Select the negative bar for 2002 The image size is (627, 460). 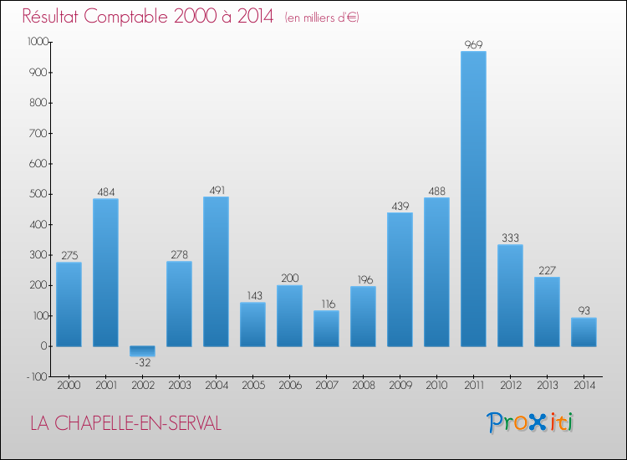tap(142, 351)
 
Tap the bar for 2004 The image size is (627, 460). tap(216, 272)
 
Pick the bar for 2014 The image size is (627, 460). tap(584, 332)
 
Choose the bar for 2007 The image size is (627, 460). tap(326, 329)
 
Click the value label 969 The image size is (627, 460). tap(473, 44)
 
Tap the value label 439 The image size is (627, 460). tap(400, 206)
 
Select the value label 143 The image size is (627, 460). tap(252, 295)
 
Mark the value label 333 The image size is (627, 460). tap(510, 238)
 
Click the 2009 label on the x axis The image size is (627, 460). tap(400, 386)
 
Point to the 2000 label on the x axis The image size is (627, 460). tap(69, 386)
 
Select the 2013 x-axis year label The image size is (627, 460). tap(547, 386)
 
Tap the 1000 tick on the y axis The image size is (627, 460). tap(38, 42)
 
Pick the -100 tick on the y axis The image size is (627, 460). tap(38, 376)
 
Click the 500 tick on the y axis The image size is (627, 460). tap(39, 194)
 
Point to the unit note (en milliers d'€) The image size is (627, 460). tap(322, 18)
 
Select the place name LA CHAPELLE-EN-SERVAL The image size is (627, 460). tap(126, 423)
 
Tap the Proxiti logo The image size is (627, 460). tap(530, 422)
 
